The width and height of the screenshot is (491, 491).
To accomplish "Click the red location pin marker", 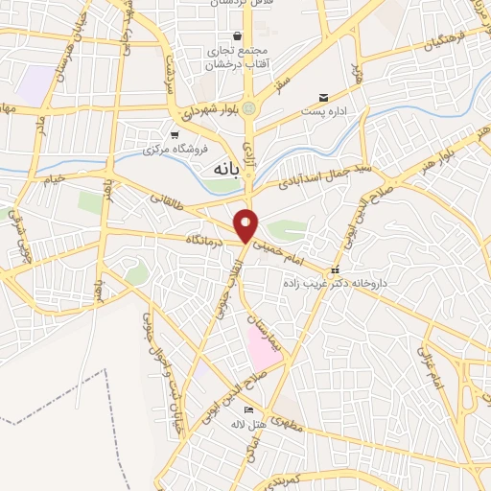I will [246, 225].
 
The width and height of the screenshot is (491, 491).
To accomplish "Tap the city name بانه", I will [220, 168].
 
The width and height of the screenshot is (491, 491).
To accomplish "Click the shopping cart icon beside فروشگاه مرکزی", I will [174, 135].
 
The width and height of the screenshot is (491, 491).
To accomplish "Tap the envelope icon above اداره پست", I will [324, 97].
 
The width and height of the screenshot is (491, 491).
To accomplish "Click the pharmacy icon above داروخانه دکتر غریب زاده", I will [335, 269].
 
